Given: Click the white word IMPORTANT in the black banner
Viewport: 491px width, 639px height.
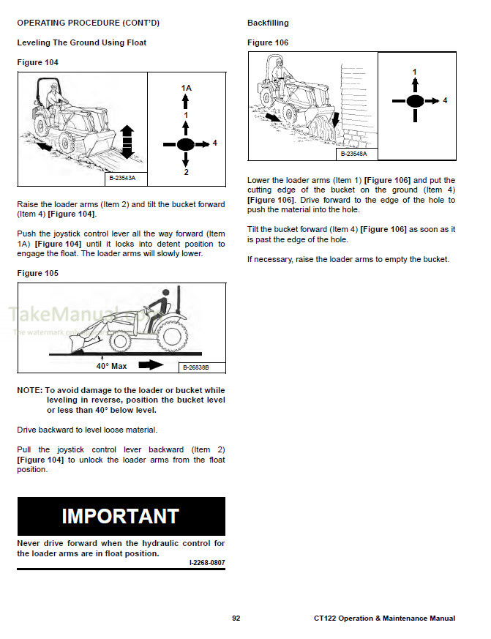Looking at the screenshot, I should click(x=120, y=515).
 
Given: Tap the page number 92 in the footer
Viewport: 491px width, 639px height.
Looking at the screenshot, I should click(x=236, y=619).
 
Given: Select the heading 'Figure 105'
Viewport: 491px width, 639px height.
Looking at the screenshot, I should click(x=37, y=273).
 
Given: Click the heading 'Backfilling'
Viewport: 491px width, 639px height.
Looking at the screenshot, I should click(x=267, y=23).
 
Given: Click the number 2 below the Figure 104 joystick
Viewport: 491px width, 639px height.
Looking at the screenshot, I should click(x=186, y=172).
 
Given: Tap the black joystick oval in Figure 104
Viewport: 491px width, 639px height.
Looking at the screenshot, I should click(x=186, y=143).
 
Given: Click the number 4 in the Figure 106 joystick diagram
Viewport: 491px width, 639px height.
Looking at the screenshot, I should click(x=445, y=100).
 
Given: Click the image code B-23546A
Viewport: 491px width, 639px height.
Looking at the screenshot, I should click(x=353, y=154).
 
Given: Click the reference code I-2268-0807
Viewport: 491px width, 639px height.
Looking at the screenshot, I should click(x=206, y=563).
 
